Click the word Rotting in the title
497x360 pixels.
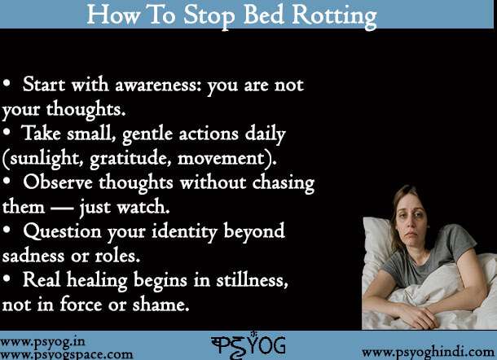pyautogui.click(x=334, y=15)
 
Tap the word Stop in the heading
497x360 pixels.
pyautogui.click(x=209, y=15)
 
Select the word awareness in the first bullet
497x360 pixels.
pyautogui.click(x=158, y=86)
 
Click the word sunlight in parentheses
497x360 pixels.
pyautogui.click(x=43, y=158)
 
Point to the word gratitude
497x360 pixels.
pyautogui.click(x=131, y=158)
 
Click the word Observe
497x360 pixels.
pyautogui.click(x=58, y=183)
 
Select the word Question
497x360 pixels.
pyautogui.click(x=62, y=231)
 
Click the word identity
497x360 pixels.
pyautogui.click(x=184, y=232)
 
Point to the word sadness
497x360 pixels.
pyautogui.click(x=33, y=256)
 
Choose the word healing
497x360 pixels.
pyautogui.click(x=97, y=281)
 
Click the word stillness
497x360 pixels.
pyautogui.click(x=252, y=280)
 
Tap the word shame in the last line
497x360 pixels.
pyautogui.click(x=161, y=305)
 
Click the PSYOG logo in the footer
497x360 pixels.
pyautogui.click(x=248, y=345)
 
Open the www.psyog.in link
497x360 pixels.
pyautogui.click(x=43, y=342)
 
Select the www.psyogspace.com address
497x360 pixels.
pyautogui.click(x=67, y=354)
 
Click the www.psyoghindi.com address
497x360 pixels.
pyautogui.click(x=429, y=353)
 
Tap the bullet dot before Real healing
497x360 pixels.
pyautogui.click(x=7, y=279)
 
